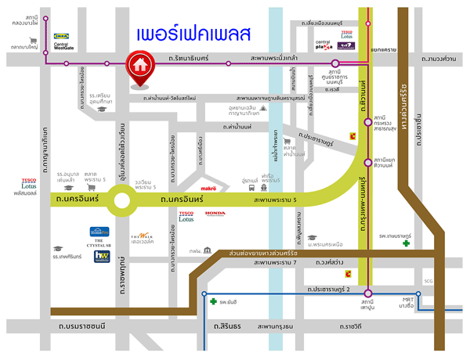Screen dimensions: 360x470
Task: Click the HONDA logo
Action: click(215, 213)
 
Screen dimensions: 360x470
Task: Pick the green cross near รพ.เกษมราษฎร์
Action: click(406, 243)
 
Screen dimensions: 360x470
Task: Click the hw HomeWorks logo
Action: click(102, 255)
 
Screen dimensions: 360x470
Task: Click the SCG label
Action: click(427, 281)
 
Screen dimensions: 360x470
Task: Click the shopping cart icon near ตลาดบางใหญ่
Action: click(33, 42)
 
